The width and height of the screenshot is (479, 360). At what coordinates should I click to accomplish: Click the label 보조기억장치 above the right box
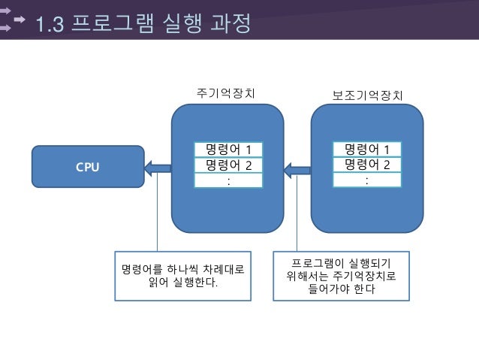tap(367, 95)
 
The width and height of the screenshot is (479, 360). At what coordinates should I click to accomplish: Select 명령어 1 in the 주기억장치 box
tap(228, 149)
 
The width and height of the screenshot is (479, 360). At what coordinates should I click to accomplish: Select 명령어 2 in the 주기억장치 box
tap(228, 165)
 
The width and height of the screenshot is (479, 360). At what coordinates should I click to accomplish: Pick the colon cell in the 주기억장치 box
tap(228, 180)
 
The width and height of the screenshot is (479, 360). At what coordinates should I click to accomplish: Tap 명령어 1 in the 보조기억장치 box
tap(366, 149)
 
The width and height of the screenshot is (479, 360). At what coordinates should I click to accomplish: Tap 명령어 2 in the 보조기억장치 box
tap(366, 165)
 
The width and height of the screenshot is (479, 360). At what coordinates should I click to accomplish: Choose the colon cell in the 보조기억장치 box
tap(366, 180)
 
